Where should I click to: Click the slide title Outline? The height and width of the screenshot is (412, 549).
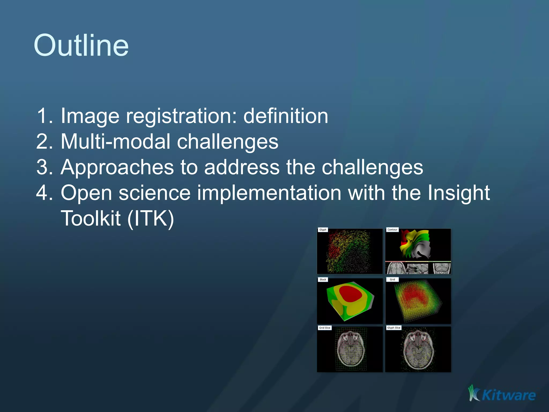click(81, 46)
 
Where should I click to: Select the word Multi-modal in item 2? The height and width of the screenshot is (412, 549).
click(115, 142)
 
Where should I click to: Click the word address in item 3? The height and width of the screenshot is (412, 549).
click(242, 167)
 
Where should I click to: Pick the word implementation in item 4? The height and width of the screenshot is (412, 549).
click(269, 193)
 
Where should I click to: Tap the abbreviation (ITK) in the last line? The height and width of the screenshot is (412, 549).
click(151, 219)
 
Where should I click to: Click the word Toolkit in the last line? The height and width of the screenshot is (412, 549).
click(91, 218)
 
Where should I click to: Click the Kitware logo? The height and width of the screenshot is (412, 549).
click(502, 394)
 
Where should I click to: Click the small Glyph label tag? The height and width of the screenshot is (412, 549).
click(323, 230)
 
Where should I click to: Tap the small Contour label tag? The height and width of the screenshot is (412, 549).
click(392, 230)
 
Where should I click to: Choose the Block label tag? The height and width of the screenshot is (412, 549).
click(323, 279)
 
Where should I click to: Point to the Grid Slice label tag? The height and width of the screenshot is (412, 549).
click(325, 328)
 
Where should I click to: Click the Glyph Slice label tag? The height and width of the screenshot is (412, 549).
click(394, 328)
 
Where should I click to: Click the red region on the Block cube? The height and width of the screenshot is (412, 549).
click(350, 294)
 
